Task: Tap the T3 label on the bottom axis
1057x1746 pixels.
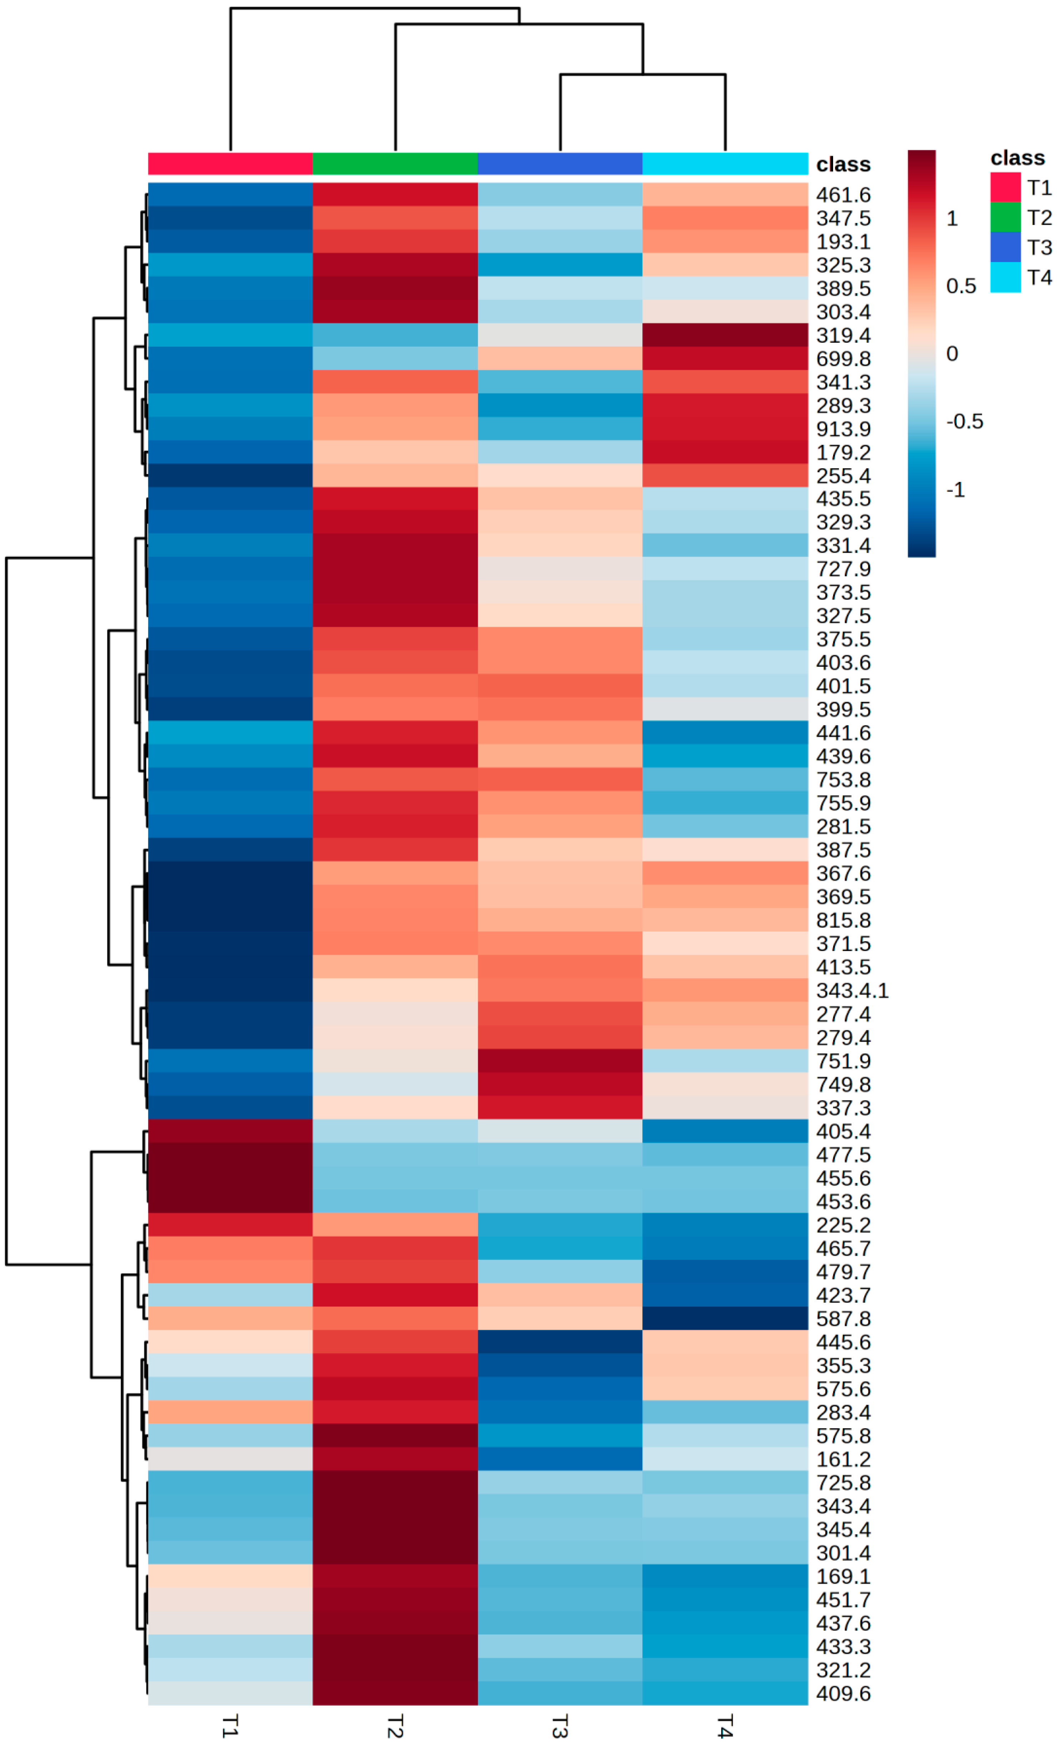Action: [x=559, y=1725]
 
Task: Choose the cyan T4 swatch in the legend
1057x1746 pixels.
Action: [x=1005, y=277]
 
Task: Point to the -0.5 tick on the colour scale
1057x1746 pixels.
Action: [x=964, y=422]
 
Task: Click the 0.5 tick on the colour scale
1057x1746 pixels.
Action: [x=961, y=286]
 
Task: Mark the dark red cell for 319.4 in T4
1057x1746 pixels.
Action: [x=725, y=335]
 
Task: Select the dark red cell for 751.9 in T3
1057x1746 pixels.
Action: [x=559, y=1061]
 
